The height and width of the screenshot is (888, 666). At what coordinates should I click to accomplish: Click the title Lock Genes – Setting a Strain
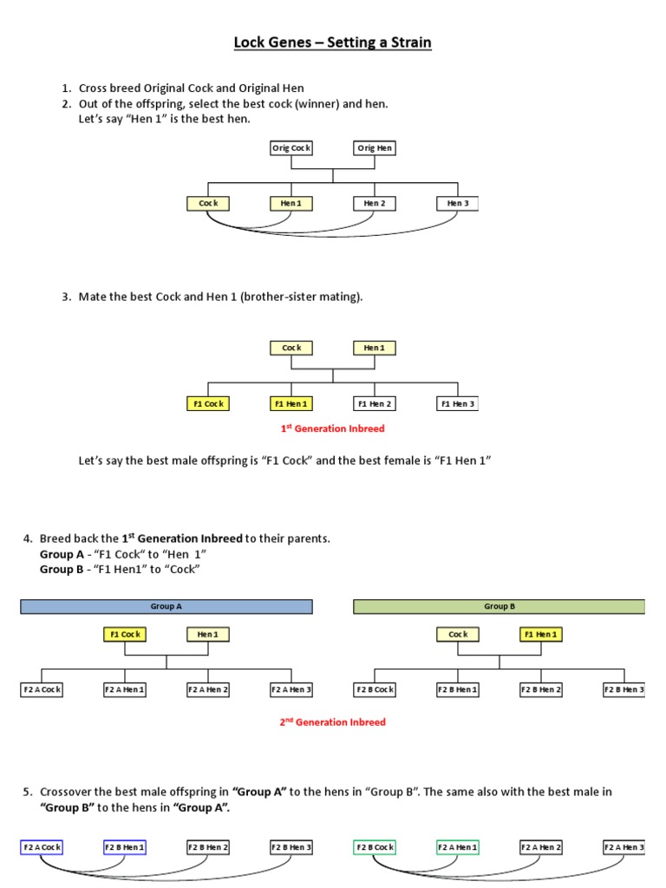[x=332, y=42]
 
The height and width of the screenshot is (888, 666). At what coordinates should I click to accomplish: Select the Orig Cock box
[x=291, y=148]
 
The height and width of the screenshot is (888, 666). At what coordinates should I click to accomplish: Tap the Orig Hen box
[x=375, y=148]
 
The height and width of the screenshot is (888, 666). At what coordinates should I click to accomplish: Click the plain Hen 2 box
[x=375, y=204]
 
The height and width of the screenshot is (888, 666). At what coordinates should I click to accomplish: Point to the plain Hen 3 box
[x=457, y=204]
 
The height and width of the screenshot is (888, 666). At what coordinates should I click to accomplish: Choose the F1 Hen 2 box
[x=375, y=403]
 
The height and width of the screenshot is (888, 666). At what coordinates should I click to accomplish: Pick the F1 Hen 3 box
[x=457, y=403]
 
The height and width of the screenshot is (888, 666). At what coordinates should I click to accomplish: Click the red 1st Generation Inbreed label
[x=332, y=428]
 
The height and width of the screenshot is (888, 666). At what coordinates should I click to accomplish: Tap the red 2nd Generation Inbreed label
[x=332, y=721]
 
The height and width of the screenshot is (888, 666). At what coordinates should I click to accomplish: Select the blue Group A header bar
[x=166, y=607]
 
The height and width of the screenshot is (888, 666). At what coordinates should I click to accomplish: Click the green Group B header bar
[x=499, y=607]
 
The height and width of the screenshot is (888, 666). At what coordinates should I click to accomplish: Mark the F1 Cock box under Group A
[x=125, y=635]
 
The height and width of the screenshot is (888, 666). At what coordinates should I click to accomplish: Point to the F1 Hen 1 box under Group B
[x=541, y=635]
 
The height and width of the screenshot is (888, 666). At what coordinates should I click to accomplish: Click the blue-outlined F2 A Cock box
[x=42, y=847]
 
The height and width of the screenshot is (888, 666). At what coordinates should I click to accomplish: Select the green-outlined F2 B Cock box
[x=375, y=847]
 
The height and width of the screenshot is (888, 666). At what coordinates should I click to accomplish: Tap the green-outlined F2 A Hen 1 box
[x=457, y=847]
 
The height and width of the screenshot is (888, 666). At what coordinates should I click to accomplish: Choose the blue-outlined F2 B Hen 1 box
[x=125, y=847]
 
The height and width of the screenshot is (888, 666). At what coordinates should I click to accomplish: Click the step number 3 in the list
[x=65, y=297]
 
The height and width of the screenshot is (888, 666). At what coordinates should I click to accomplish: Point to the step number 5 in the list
[x=28, y=792]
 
